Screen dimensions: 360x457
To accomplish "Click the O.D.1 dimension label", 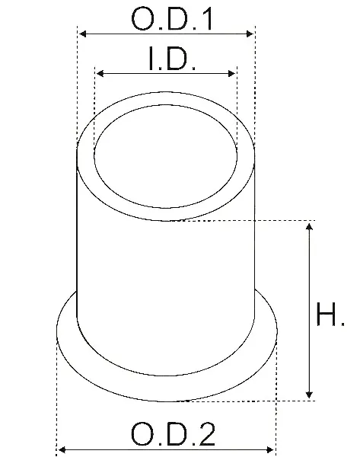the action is tap(172, 19).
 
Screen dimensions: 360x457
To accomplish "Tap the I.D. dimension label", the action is tap(172, 59).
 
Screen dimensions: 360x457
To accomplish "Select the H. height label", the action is tap(330, 314).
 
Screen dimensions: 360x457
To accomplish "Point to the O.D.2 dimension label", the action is tap(174, 433).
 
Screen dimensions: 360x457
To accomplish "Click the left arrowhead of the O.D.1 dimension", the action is tap(83, 34).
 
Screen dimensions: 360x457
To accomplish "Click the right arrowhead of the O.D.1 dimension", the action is tap(250, 34).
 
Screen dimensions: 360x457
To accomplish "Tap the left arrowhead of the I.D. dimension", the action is tap(100, 73).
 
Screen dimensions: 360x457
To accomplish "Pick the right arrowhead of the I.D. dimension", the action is tap(232, 73).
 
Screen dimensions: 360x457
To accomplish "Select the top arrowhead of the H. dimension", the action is tap(309, 226).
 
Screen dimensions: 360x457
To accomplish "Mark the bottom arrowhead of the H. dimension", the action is tap(309, 395).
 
